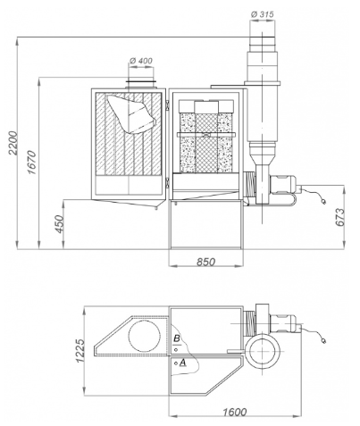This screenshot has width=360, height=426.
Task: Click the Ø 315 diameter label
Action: [x=262, y=14]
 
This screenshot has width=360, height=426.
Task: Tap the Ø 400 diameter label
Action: [x=141, y=61]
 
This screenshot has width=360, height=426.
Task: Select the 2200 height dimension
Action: [x=13, y=143]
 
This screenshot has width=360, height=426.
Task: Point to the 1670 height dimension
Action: [x=31, y=163]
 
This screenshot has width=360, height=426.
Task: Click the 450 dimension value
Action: [x=60, y=224]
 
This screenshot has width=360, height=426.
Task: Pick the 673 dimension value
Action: [x=339, y=217]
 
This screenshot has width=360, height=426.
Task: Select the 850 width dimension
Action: [x=205, y=262]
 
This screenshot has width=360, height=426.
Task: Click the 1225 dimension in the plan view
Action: [x=80, y=350]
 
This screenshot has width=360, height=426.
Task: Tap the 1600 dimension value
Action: [x=235, y=412]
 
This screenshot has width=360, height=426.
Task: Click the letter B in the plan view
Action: [x=176, y=338]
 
